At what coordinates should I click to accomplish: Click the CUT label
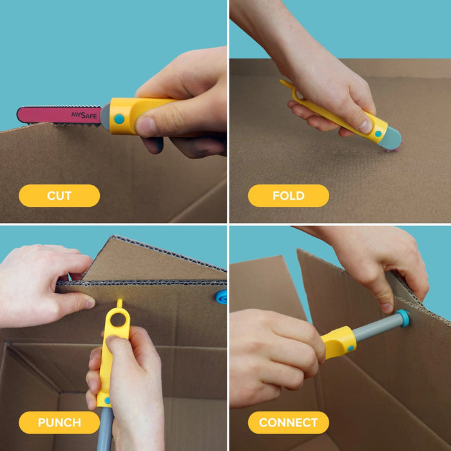[59, 196]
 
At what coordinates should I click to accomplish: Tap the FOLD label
[288, 196]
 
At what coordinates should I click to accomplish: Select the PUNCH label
[59, 423]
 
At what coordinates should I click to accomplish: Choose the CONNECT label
[288, 423]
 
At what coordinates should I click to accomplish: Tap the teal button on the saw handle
[119, 119]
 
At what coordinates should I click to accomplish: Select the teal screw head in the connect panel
[403, 318]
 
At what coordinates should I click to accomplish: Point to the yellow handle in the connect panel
[338, 341]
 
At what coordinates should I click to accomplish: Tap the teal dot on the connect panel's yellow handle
[350, 347]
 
